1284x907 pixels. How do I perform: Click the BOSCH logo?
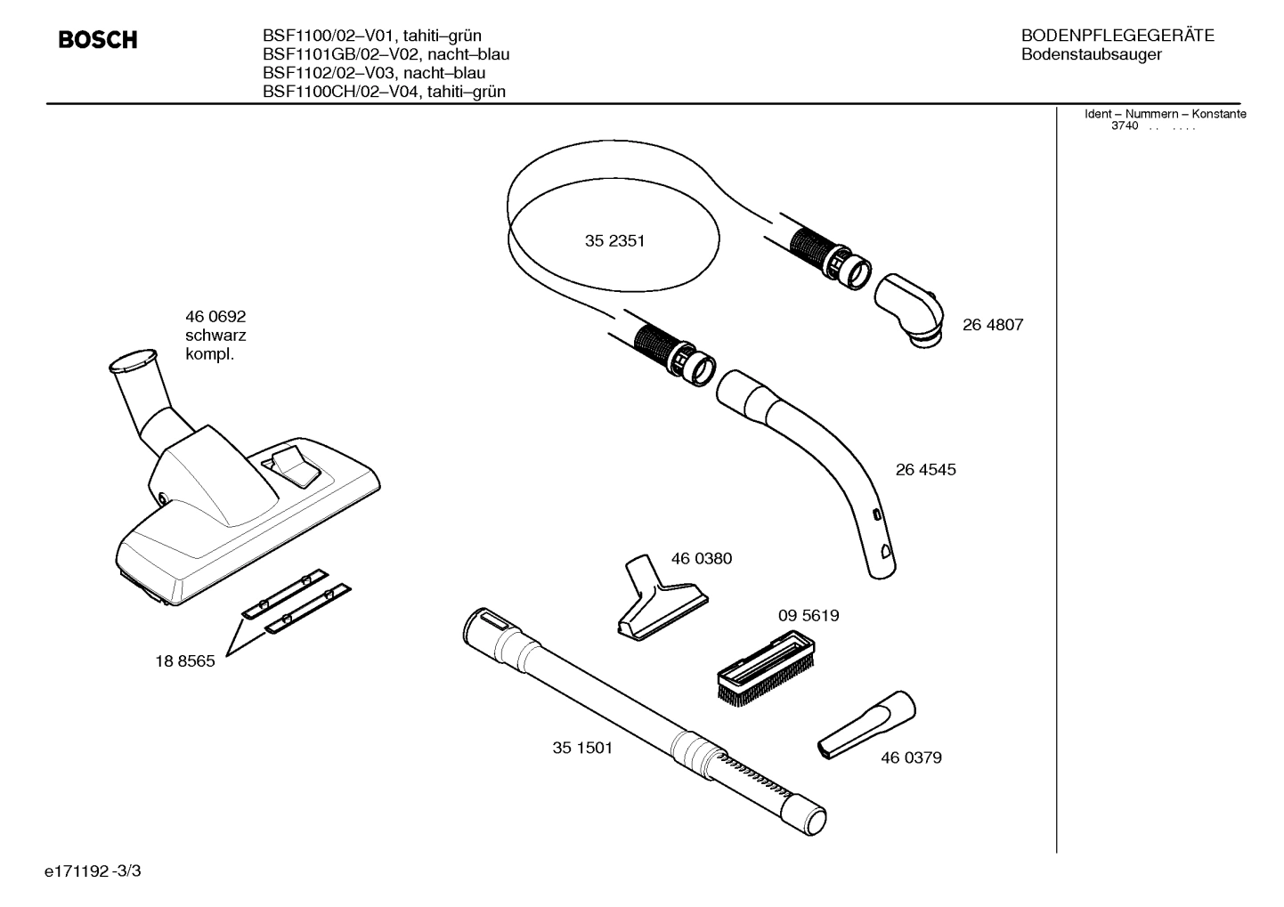(x=98, y=40)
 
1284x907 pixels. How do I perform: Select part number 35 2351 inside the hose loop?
(x=614, y=241)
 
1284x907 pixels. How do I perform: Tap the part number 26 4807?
(x=992, y=325)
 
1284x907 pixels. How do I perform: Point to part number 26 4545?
(x=925, y=470)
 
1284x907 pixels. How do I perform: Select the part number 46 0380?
(x=701, y=559)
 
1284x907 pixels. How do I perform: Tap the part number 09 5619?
(x=808, y=615)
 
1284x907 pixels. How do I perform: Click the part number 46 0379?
(x=911, y=758)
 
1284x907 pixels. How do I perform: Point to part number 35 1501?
(x=582, y=748)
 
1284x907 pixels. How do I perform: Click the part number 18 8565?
(x=185, y=661)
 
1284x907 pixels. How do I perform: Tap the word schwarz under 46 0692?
(x=215, y=336)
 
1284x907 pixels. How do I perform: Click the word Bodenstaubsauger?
(x=1091, y=55)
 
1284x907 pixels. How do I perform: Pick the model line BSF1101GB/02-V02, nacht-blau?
(x=386, y=54)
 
